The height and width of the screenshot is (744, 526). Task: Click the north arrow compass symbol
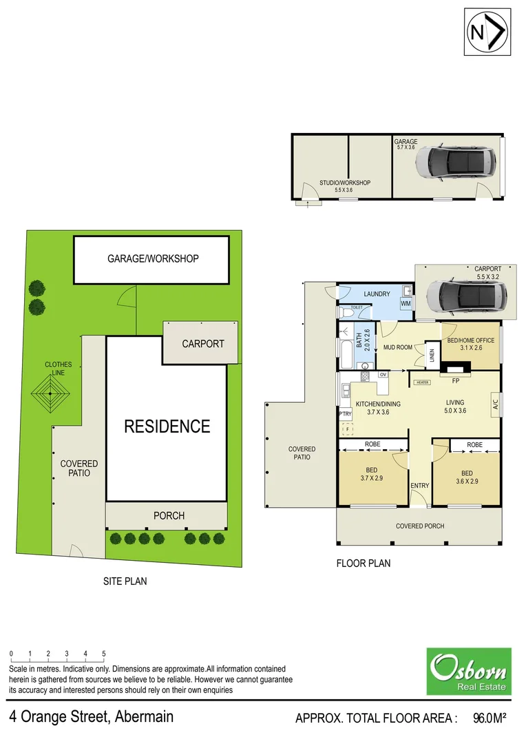[x=487, y=32]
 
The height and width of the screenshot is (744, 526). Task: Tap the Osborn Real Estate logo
[x=469, y=671]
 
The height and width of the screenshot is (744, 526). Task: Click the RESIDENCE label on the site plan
[x=167, y=426]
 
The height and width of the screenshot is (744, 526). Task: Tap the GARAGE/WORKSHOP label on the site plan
[x=153, y=259]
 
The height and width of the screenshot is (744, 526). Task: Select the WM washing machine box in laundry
[x=406, y=303]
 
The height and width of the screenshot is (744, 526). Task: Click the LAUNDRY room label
[x=377, y=294]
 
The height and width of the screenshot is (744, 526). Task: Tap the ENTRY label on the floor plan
[x=420, y=486]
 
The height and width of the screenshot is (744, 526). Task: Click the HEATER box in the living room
[x=422, y=382]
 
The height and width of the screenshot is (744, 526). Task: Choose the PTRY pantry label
[x=345, y=413]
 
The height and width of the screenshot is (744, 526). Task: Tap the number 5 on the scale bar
[x=104, y=653]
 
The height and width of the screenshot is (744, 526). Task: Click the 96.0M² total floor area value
[x=490, y=719]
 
